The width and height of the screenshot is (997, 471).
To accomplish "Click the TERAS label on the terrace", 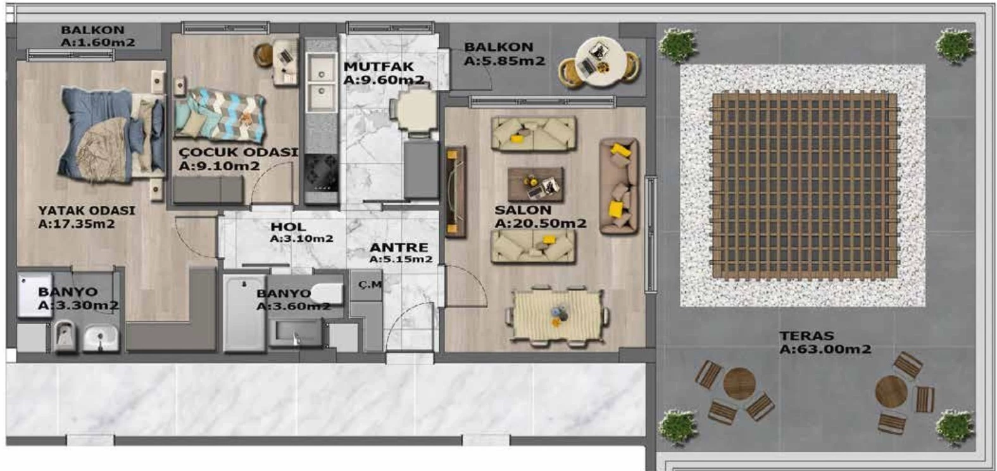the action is pos(806,336).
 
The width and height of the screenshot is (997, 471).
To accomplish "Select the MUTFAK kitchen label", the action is pos(379,66).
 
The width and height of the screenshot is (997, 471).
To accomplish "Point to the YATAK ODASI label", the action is pos(86,210).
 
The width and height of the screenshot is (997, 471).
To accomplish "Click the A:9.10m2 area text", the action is pos(219,166).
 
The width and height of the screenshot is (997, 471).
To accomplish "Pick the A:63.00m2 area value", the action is pos(825,349).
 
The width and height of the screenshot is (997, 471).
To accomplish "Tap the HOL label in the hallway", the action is pos(288,227).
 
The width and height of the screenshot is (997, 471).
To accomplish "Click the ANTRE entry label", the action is pos(398,247).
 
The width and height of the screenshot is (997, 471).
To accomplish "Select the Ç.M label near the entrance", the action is pos(370,284).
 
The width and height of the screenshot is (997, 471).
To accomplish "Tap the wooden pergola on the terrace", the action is pos(804,185).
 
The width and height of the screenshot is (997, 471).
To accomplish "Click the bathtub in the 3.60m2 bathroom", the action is pos(244,313).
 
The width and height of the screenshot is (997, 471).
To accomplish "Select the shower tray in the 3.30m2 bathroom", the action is pos(35,296).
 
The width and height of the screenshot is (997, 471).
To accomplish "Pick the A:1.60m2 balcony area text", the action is pos(98,43).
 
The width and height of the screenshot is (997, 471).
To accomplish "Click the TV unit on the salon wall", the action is pos(455,191).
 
